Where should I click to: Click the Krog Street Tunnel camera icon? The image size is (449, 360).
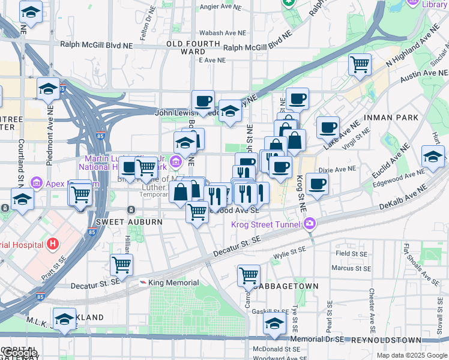pos(310,224)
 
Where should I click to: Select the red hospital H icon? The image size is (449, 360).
pos(53,244)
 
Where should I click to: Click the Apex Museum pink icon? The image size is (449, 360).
pos(35,182)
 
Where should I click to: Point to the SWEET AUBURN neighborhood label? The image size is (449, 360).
pos(128,222)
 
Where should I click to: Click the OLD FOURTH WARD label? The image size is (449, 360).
pos(193,48)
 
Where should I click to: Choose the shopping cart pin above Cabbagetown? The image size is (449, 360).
pos(249,275)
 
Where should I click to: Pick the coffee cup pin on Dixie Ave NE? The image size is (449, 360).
pos(317,184)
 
